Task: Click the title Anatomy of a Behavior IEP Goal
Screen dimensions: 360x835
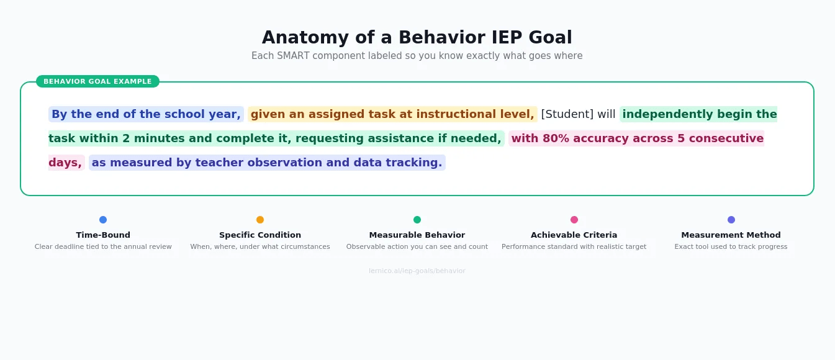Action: click(x=417, y=38)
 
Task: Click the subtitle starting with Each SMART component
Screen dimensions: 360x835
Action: click(x=417, y=56)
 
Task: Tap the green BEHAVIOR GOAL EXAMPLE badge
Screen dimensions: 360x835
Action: click(x=97, y=81)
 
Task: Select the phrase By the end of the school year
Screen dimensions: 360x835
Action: click(x=146, y=114)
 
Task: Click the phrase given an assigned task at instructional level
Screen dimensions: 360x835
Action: click(x=392, y=114)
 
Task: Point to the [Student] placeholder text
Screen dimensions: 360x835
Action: click(x=567, y=114)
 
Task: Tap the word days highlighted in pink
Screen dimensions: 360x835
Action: click(x=65, y=163)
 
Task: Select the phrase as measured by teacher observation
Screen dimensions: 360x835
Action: click(x=267, y=163)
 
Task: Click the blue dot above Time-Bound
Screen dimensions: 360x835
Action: click(x=103, y=220)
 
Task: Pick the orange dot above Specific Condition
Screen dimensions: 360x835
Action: click(x=260, y=220)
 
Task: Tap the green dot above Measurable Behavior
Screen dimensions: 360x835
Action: click(x=417, y=220)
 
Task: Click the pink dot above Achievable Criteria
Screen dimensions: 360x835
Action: click(x=574, y=220)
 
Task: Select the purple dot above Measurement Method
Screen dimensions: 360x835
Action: click(x=731, y=220)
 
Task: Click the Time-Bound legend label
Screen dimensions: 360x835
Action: click(x=103, y=235)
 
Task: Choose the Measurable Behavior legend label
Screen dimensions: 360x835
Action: click(x=417, y=235)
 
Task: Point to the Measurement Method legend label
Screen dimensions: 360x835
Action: click(x=731, y=235)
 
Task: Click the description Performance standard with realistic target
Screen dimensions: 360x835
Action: click(x=574, y=247)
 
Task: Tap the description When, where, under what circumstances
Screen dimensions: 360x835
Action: click(x=260, y=247)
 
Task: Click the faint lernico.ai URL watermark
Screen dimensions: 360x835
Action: click(x=417, y=271)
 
